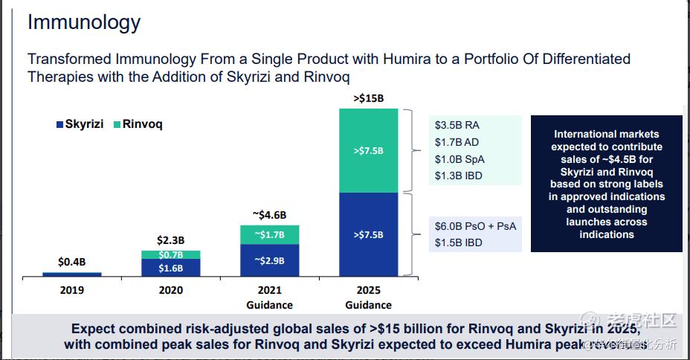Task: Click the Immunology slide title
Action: point(83,22)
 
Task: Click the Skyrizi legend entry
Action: point(80,124)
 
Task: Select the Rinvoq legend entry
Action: point(138,124)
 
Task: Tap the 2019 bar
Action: point(71,274)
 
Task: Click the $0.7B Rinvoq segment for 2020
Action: point(170,255)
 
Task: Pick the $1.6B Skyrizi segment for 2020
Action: point(170,269)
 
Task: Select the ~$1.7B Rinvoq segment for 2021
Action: point(269,234)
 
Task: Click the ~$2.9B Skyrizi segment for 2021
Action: point(269,260)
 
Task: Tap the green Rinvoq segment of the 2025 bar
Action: point(368,151)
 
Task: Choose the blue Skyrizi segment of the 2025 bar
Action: point(368,235)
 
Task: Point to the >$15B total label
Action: point(368,98)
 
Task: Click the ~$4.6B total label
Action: point(269,215)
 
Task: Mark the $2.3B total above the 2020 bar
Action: point(170,240)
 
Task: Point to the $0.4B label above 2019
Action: point(71,262)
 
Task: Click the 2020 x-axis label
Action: point(170,290)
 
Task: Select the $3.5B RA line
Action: point(460,126)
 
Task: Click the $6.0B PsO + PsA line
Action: point(475,226)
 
